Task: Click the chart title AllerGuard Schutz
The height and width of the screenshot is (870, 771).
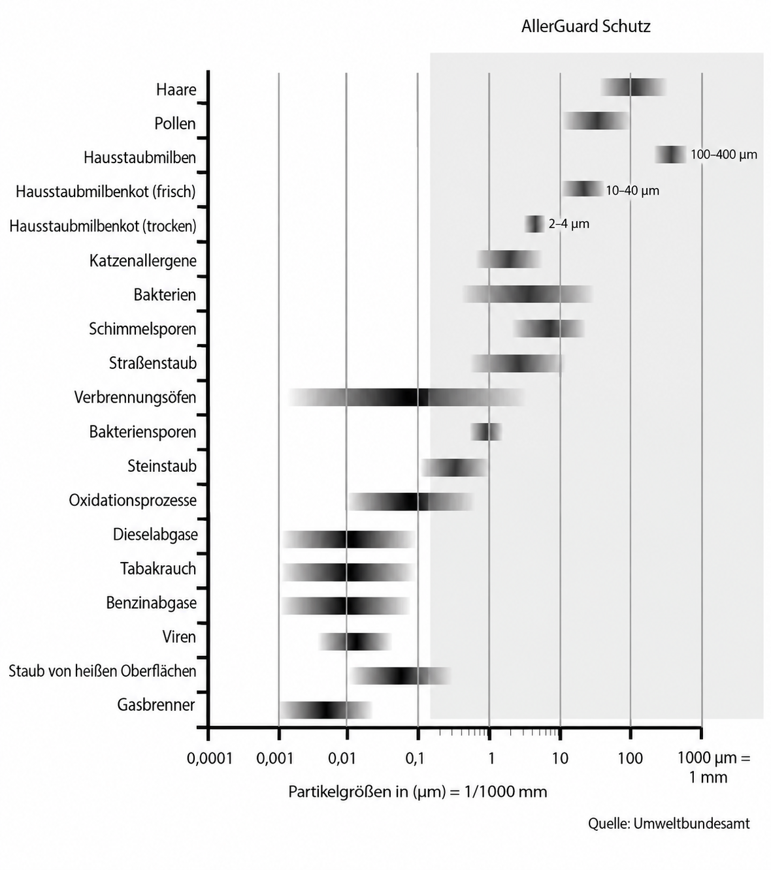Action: (585, 27)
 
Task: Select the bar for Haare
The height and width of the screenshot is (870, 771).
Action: (633, 87)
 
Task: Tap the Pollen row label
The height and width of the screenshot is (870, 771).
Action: (175, 123)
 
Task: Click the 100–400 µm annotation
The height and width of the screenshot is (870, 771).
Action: (724, 155)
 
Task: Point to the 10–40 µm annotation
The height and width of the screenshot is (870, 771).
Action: (632, 190)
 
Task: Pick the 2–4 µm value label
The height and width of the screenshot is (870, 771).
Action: (568, 224)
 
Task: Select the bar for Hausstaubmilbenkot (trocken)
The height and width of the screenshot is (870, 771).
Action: (534, 224)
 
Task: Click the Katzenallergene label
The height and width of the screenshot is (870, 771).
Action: (142, 260)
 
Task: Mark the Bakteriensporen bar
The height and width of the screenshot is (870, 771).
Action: (486, 431)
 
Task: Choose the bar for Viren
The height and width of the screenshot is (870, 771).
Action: (355, 642)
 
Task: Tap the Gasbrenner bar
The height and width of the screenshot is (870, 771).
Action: (325, 710)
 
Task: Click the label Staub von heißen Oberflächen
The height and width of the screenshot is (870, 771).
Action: (103, 671)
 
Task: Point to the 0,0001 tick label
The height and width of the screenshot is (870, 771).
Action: (210, 758)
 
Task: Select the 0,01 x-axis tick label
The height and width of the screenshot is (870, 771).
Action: (342, 758)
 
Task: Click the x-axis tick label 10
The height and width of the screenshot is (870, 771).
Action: (560, 758)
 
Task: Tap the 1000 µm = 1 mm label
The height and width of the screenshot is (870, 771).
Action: (714, 767)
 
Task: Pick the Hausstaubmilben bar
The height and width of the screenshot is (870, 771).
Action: (670, 155)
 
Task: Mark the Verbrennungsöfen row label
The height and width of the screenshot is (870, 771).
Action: (135, 397)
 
